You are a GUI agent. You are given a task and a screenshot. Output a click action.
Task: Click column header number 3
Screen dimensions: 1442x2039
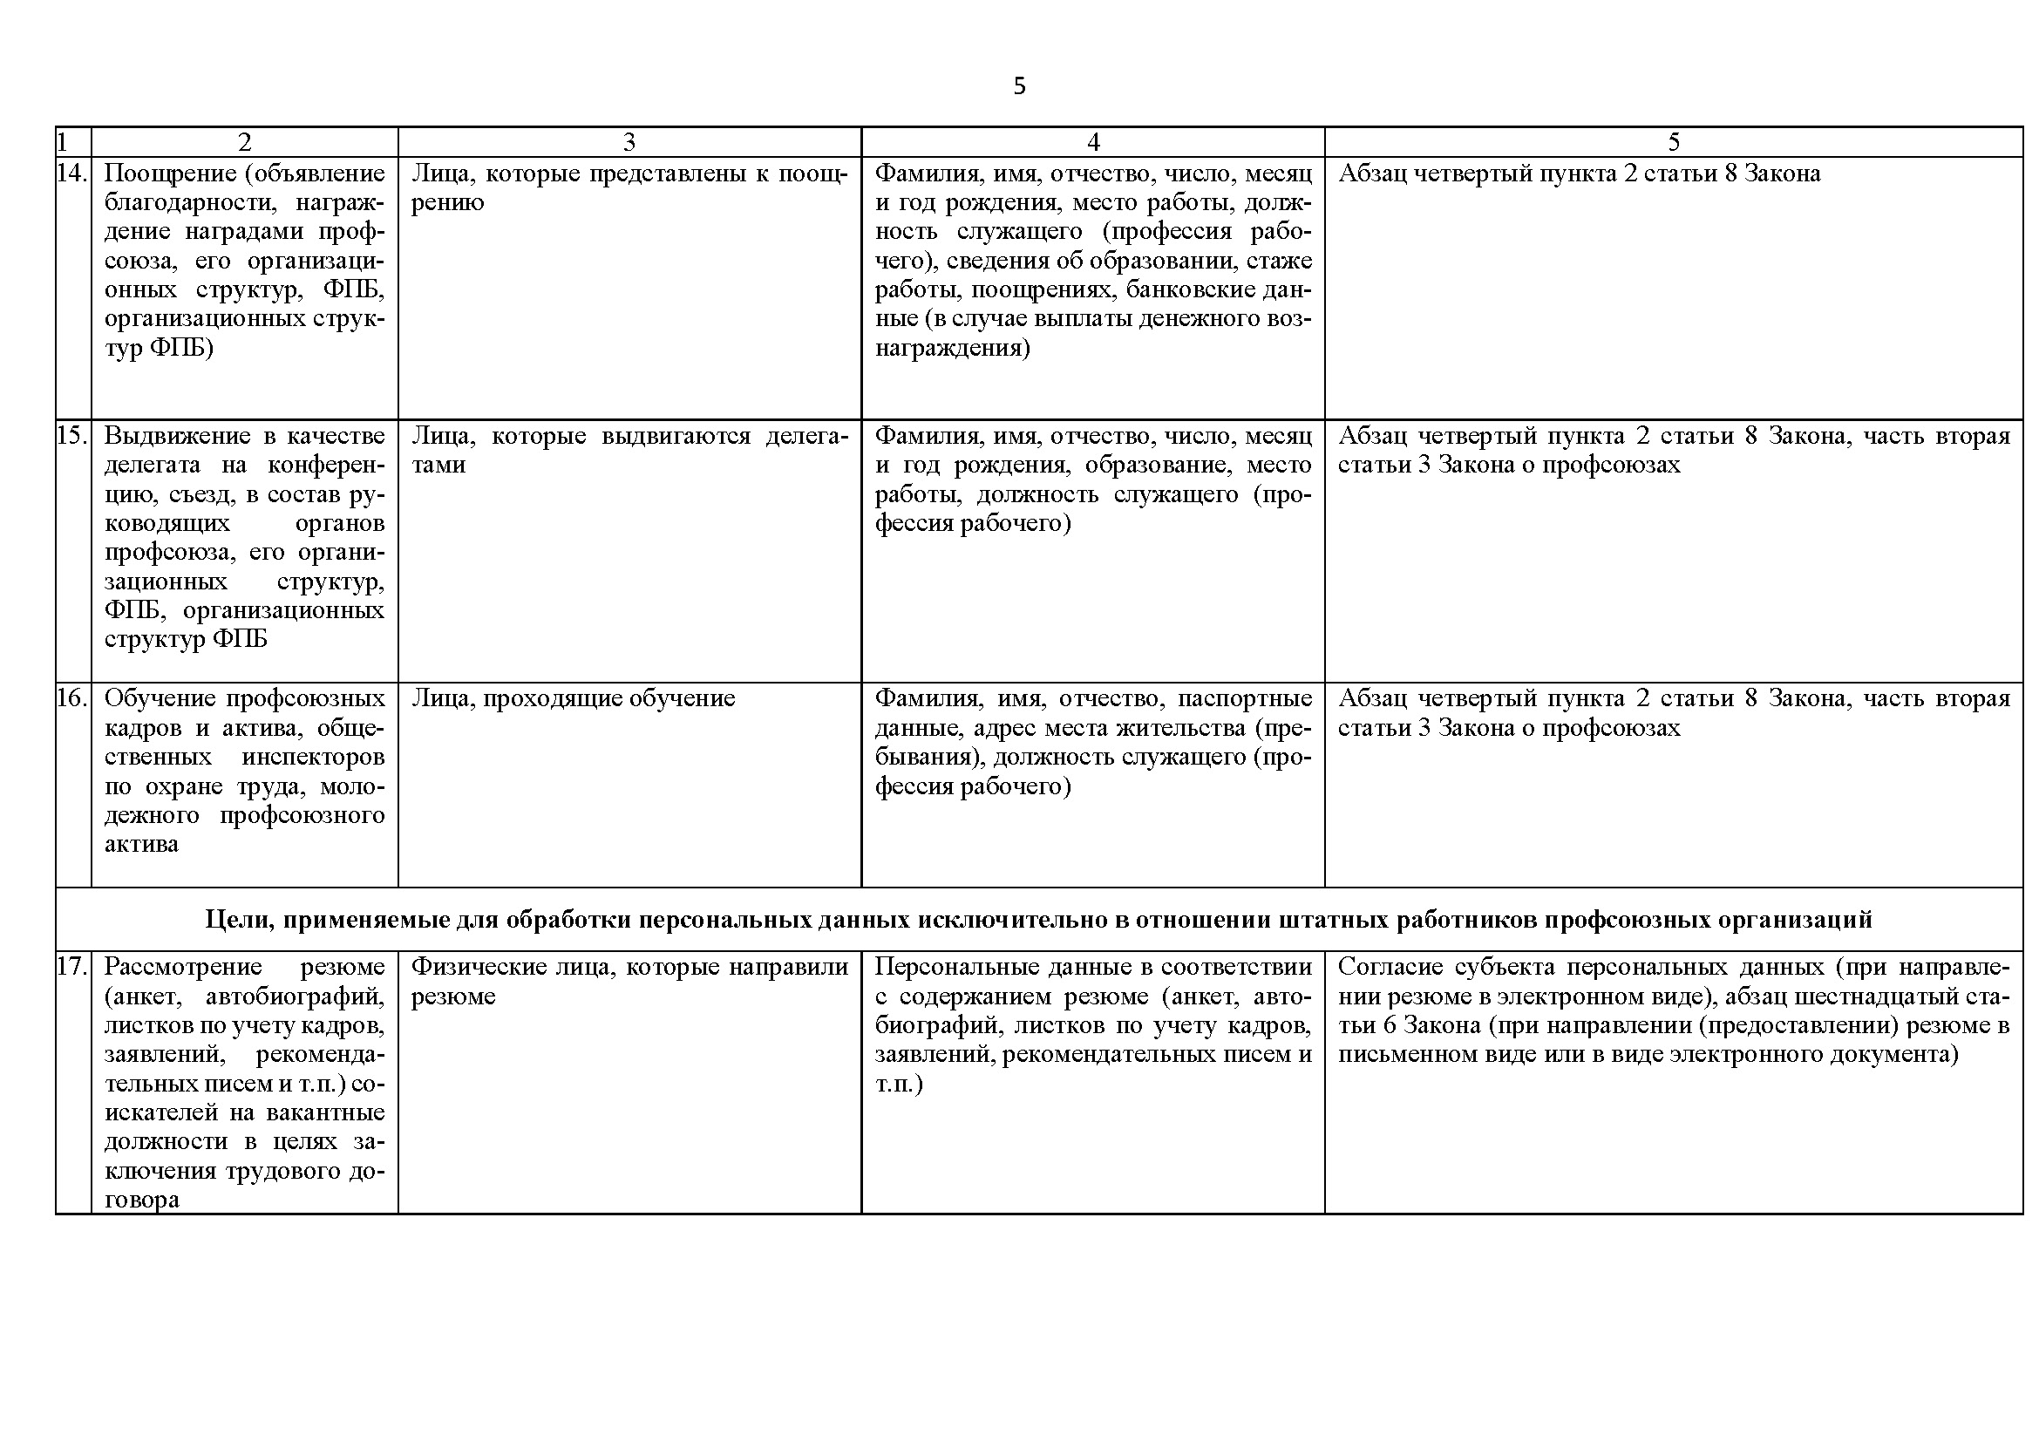629,142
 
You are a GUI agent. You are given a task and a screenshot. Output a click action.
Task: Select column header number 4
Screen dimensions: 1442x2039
1093,142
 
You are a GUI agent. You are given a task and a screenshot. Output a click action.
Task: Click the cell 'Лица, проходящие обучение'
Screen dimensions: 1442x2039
573,698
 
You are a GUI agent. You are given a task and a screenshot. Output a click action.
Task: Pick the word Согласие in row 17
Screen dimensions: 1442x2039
1390,966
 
